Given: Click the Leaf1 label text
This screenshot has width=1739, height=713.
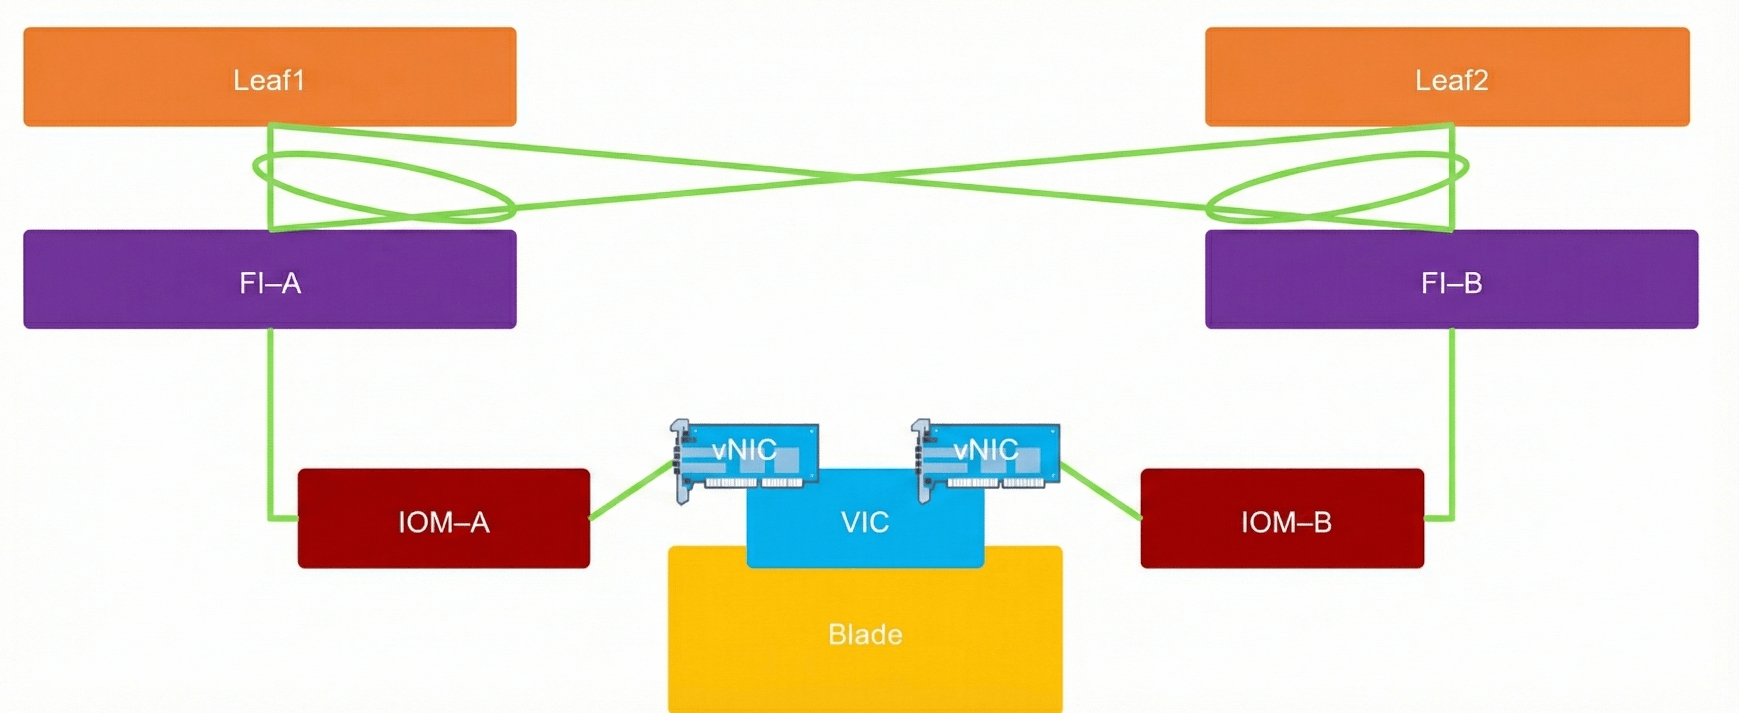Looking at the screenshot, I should (268, 80).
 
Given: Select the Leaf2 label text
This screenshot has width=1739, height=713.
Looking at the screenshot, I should (1452, 80).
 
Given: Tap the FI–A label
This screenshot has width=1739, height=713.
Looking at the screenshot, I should (270, 283).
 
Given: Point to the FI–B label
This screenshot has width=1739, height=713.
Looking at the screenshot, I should (1452, 283).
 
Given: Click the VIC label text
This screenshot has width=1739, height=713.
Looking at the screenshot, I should (865, 522).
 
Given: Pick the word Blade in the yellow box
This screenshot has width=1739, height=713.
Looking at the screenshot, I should (865, 634).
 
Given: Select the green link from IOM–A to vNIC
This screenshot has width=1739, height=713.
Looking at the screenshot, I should (631, 491).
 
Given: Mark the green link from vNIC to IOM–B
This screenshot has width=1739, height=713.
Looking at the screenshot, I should (1100, 491).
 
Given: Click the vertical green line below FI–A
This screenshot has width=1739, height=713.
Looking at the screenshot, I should (271, 418).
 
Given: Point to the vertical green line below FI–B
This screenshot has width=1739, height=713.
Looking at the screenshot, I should (1452, 418).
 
